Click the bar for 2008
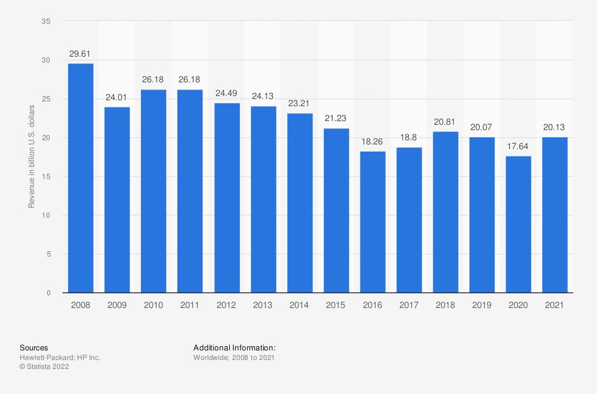coord(81,178)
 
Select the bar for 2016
coord(373,222)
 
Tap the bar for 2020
coord(519,224)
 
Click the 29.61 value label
coord(81,54)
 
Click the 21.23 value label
coord(337,119)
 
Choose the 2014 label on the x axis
coord(300,304)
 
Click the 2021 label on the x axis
coord(555,304)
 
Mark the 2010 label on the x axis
coord(153,304)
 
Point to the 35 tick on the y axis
coord(47,21)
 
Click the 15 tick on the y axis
coord(47,177)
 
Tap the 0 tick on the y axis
coord(48,293)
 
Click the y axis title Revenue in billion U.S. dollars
coord(32,157)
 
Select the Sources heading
coord(34,347)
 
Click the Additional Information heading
coord(235,347)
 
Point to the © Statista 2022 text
coord(45,367)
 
